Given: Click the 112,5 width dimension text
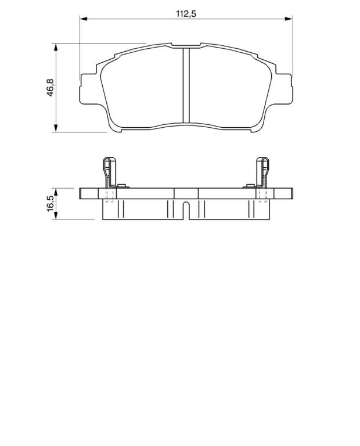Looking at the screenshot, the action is pyautogui.click(x=186, y=13).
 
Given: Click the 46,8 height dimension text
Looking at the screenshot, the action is pyautogui.click(x=51, y=88).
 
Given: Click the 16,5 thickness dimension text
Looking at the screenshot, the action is pyautogui.click(x=51, y=203).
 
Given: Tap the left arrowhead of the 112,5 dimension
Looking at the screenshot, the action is pyautogui.click(x=83, y=19).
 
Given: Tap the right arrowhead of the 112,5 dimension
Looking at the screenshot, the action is pyautogui.click(x=289, y=19).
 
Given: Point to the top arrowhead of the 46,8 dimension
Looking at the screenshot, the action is pyautogui.click(x=56, y=47).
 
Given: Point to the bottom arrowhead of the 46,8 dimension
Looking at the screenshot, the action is pyautogui.click(x=56, y=128).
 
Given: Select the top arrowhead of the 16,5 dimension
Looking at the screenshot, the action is pyautogui.click(x=56, y=192).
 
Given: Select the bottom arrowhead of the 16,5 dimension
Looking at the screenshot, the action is pyautogui.click(x=56, y=216).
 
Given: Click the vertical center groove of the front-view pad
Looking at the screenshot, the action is pyautogui.click(x=186, y=85).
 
